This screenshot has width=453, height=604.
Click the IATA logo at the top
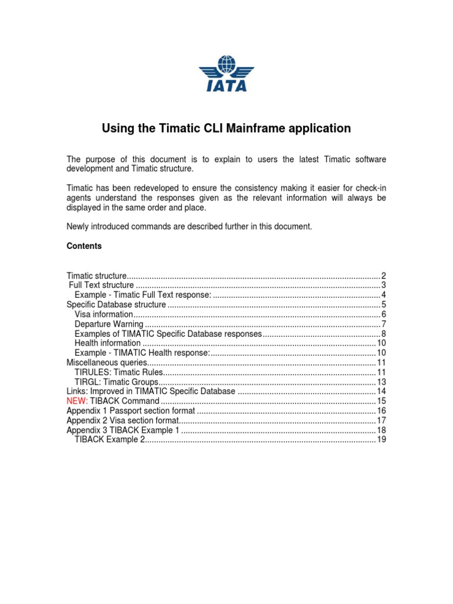(226, 74)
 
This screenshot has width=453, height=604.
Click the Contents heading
(84, 247)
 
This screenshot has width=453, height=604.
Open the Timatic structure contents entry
(97, 276)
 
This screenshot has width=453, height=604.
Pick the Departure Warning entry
(109, 324)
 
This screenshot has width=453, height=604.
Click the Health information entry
(108, 343)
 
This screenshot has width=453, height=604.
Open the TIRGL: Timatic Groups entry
(116, 382)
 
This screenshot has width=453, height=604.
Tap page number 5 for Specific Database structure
(383, 305)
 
